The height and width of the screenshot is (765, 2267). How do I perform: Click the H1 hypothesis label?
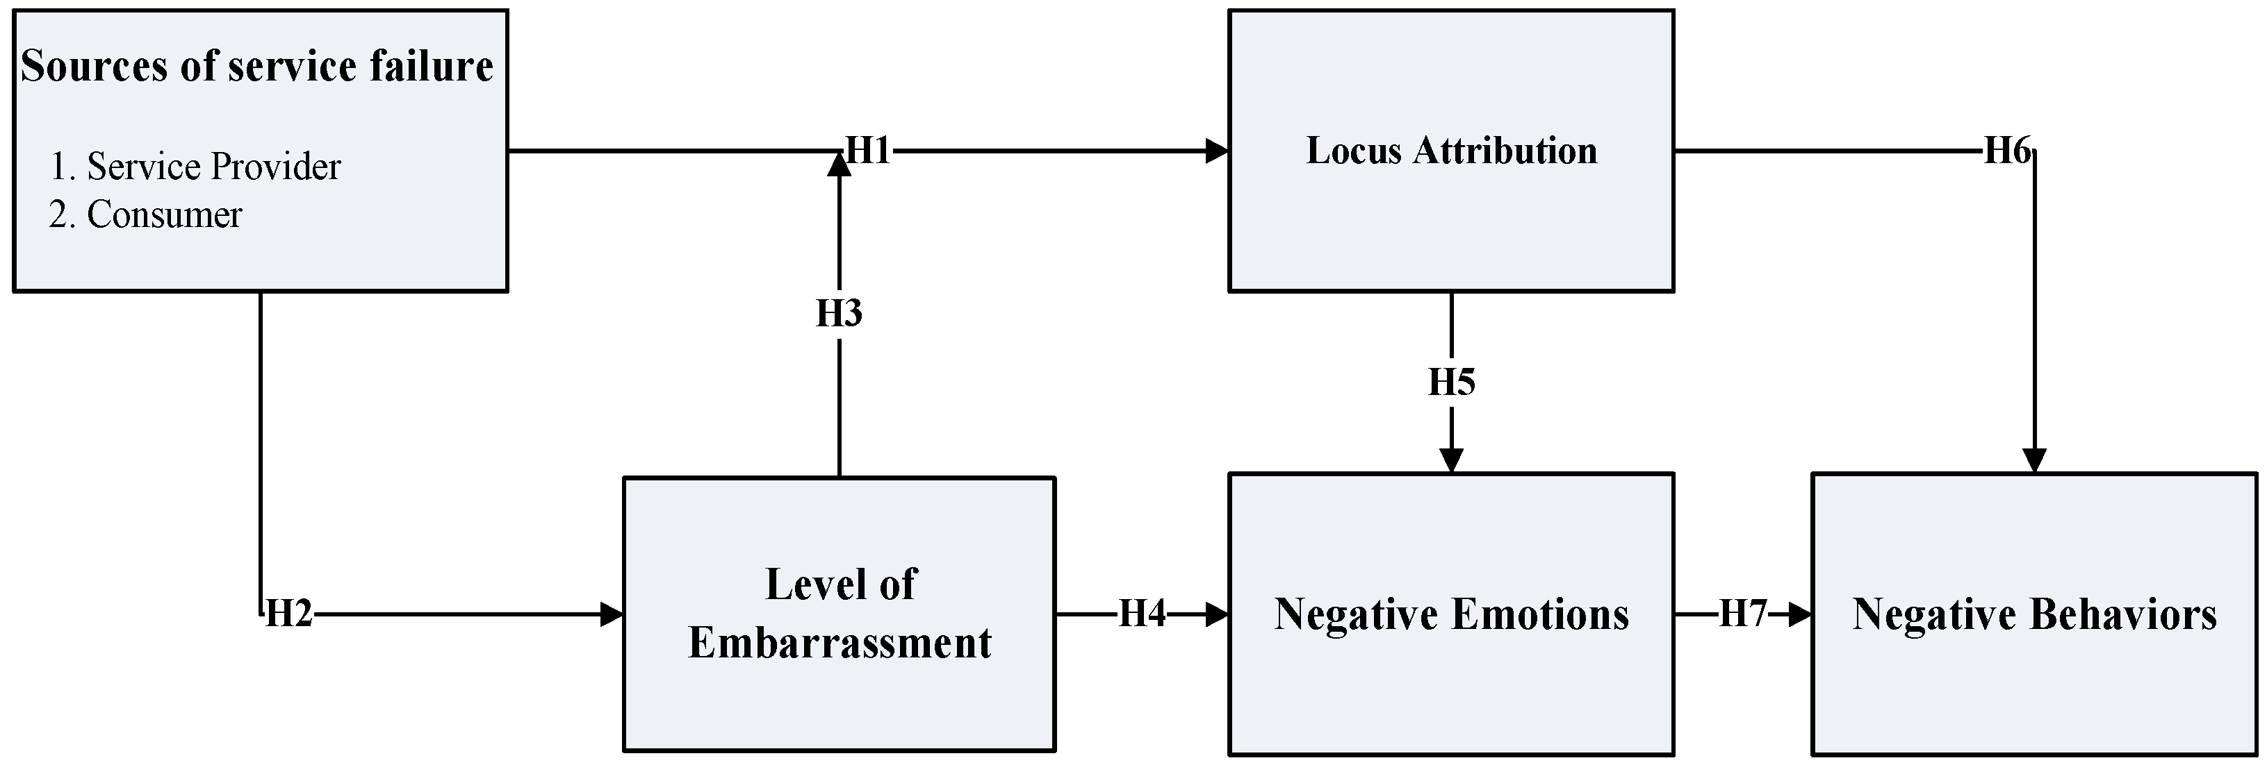(x=868, y=151)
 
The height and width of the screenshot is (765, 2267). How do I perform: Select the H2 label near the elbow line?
(x=288, y=614)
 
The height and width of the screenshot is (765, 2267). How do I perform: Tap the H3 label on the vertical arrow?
(x=839, y=313)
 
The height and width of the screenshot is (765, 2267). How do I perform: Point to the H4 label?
(x=1141, y=614)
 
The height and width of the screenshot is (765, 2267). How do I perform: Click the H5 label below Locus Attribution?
(x=1451, y=382)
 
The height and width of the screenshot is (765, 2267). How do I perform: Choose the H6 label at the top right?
(x=2007, y=151)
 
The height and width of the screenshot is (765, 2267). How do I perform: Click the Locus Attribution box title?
(x=1451, y=151)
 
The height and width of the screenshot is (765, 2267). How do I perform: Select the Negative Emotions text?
(x=1451, y=614)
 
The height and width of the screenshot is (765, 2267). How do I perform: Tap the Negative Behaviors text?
(x=2033, y=614)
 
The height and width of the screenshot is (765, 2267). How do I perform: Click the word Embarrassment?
(x=839, y=643)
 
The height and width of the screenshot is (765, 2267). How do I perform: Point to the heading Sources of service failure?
(x=257, y=66)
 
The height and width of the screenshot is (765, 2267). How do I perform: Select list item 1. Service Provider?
(x=195, y=166)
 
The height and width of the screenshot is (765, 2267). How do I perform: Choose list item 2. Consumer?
(x=146, y=215)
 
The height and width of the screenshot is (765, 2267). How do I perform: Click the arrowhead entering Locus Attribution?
(x=1216, y=151)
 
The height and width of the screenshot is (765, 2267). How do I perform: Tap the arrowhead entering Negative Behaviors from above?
(x=2033, y=461)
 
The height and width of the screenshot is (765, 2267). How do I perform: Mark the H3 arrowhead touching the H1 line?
(x=839, y=165)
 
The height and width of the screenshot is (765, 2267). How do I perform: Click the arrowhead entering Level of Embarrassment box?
(x=611, y=614)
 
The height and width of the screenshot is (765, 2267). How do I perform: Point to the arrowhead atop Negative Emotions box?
(x=1451, y=461)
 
